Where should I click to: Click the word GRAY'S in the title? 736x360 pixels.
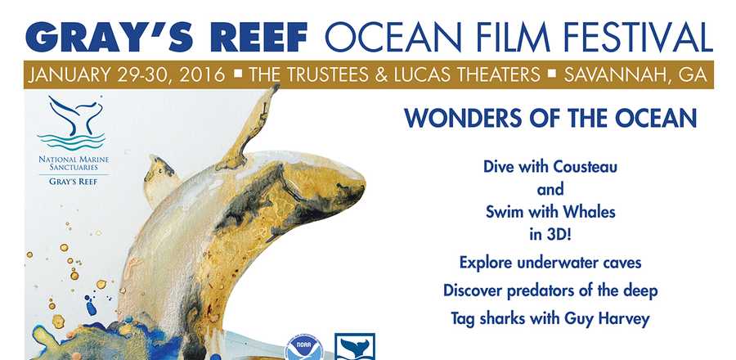coord(110,37)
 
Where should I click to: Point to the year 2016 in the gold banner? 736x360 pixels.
coord(202,75)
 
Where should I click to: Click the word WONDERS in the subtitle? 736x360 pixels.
coord(460,119)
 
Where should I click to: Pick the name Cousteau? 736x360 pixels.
coord(586,167)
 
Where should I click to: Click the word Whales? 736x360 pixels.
coord(589,212)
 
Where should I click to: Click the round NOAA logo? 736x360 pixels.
coord(303,349)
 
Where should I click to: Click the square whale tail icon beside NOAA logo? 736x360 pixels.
coord(355,347)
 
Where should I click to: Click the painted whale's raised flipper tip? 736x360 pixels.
coord(275,87)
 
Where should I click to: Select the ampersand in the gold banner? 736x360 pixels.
coord(380,75)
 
